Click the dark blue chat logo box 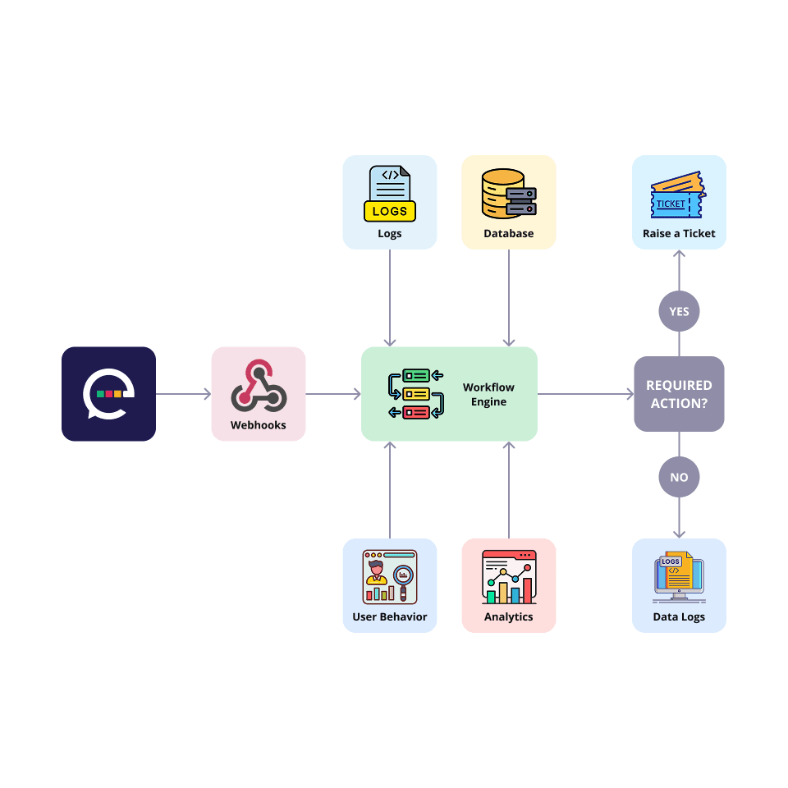(x=108, y=394)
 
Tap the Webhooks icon (x=259, y=385)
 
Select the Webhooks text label (x=259, y=425)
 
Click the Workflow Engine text (x=488, y=394)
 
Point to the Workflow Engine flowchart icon (x=415, y=394)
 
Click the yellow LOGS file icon (x=390, y=194)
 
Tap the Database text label (x=508, y=234)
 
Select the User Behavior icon (x=390, y=577)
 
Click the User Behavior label (x=390, y=617)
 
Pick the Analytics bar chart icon (x=508, y=577)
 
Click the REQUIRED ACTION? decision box (x=679, y=394)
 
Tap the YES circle (x=679, y=312)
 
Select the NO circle (x=679, y=477)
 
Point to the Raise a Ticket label (x=679, y=234)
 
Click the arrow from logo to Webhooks (x=183, y=395)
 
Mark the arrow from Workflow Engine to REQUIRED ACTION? (x=585, y=395)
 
